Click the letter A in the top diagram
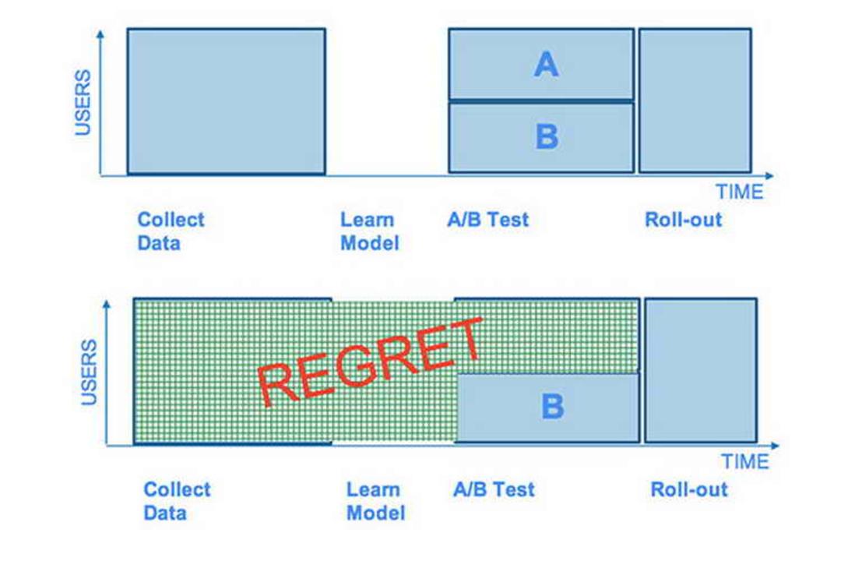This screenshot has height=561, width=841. pos(546,65)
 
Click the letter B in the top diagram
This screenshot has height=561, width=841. pos(547,136)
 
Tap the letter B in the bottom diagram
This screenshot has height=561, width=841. pos(552,406)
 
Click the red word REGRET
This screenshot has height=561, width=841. pos(370,362)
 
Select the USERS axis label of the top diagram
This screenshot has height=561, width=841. pos(83,102)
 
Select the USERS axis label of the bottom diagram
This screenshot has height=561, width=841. pos(89,372)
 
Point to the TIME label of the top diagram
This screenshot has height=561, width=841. pos(740,192)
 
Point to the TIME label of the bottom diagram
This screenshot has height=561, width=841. pos(745,462)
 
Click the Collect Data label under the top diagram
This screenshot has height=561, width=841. pos(171,231)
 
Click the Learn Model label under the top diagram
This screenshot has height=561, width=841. pos(370,231)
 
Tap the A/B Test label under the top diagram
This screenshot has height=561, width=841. pos(488,220)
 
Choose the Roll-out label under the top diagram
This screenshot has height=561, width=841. pos(684,220)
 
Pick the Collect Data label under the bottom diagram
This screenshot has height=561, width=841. pos(177,502)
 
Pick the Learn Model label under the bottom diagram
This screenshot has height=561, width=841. pos(375,502)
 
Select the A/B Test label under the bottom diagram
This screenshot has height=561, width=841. pos(494,489)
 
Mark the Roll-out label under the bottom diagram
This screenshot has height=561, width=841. pos(689,489)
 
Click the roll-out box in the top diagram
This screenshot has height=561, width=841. pos(695,101)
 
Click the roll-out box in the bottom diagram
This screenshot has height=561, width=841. pos(701,370)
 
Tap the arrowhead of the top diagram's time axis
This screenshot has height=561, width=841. pos(769,175)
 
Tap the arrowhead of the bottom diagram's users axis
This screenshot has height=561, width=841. pos(106,305)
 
